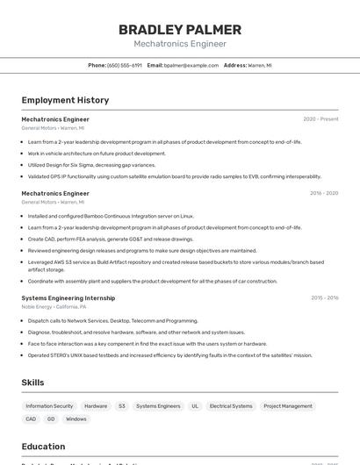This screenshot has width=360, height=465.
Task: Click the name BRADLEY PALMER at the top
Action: tap(180, 30)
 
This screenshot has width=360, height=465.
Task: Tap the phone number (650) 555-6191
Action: tap(125, 65)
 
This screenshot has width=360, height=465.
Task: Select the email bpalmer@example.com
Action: tap(191, 65)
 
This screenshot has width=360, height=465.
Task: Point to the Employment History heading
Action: tap(65, 100)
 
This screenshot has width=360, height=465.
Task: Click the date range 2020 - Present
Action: tap(320, 118)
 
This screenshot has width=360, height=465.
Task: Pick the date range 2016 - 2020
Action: tap(324, 193)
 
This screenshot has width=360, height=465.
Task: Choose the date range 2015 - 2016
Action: tap(324, 297)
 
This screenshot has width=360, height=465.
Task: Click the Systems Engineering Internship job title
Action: tap(68, 297)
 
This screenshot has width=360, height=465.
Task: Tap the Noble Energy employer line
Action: tap(54, 307)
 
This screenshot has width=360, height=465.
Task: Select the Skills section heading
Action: tap(32, 383)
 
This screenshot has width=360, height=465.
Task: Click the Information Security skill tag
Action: tap(49, 406)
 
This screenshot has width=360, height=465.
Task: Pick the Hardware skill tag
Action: tap(96, 406)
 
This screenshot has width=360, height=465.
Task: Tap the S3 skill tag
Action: tap(122, 406)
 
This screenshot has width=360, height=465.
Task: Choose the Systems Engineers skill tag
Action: tap(158, 406)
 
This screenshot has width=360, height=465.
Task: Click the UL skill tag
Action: tap(195, 406)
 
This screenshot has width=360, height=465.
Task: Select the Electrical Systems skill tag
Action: tap(231, 406)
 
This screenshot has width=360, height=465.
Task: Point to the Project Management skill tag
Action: tap(288, 406)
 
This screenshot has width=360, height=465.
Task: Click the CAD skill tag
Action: tap(31, 419)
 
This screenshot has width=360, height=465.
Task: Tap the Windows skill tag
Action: tap(76, 419)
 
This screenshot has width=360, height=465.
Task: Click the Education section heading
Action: tap(43, 447)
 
